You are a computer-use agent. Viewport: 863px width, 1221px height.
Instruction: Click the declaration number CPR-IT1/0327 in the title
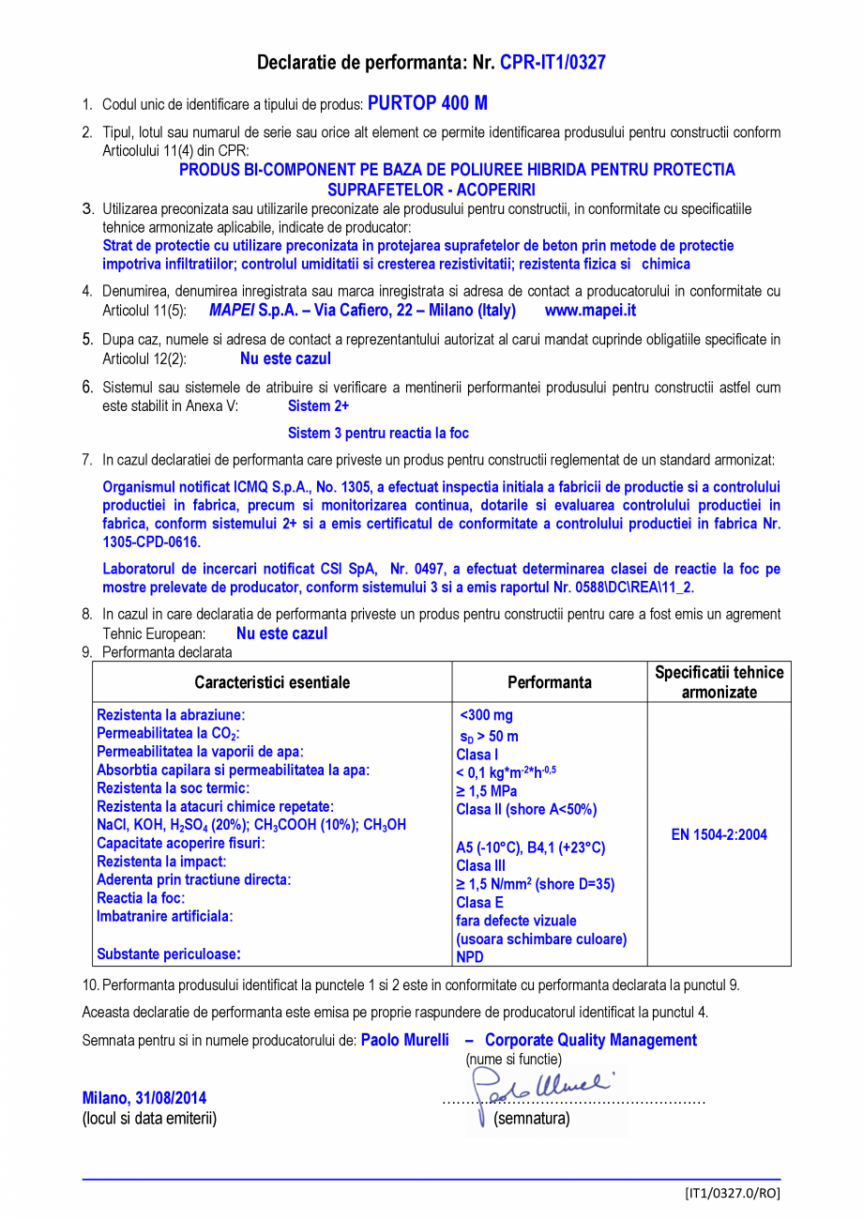click(553, 63)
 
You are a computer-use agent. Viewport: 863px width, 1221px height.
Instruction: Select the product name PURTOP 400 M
click(427, 103)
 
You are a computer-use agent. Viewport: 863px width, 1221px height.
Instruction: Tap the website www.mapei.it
click(590, 310)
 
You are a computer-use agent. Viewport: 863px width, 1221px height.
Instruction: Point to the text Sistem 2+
click(318, 406)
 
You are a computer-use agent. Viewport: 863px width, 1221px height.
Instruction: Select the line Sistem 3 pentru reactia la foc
click(378, 434)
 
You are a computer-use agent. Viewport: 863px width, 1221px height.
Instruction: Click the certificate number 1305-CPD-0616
click(151, 542)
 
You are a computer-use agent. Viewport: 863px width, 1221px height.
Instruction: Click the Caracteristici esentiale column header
click(272, 682)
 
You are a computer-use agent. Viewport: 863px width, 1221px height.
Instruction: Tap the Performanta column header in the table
click(550, 682)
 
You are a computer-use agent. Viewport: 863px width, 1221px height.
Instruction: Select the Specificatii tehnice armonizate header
click(719, 682)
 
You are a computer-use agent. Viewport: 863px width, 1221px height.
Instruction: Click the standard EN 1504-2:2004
click(719, 835)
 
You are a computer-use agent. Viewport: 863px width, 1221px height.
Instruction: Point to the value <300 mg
click(486, 715)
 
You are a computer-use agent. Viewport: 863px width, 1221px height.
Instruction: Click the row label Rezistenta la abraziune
click(171, 715)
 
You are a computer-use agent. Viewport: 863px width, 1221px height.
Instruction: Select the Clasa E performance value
click(479, 902)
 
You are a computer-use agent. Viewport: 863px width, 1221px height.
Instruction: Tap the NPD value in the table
click(470, 957)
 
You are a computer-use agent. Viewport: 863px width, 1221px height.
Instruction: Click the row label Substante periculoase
click(169, 954)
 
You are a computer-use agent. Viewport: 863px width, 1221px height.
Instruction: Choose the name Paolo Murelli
click(405, 1040)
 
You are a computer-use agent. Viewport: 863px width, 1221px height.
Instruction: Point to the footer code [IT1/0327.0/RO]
click(732, 1193)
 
